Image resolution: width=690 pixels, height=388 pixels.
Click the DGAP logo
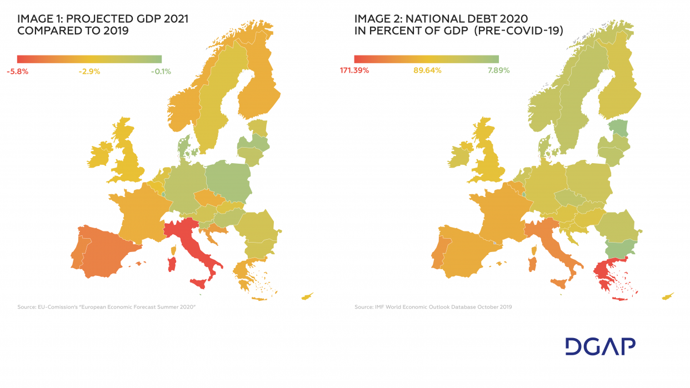[x=600, y=346]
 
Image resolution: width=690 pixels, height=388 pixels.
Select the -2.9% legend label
[x=88, y=72]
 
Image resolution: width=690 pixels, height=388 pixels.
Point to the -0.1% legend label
[x=161, y=72]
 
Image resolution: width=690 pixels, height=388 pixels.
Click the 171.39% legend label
[x=354, y=70]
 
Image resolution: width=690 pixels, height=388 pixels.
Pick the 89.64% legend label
[x=427, y=70]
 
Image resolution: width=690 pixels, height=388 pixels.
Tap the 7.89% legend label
[x=498, y=70]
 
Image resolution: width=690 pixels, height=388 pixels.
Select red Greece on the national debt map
[x=604, y=273]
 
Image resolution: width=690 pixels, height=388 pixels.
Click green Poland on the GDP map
[x=228, y=180]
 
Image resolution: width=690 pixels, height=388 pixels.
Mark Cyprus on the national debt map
[x=667, y=297]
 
